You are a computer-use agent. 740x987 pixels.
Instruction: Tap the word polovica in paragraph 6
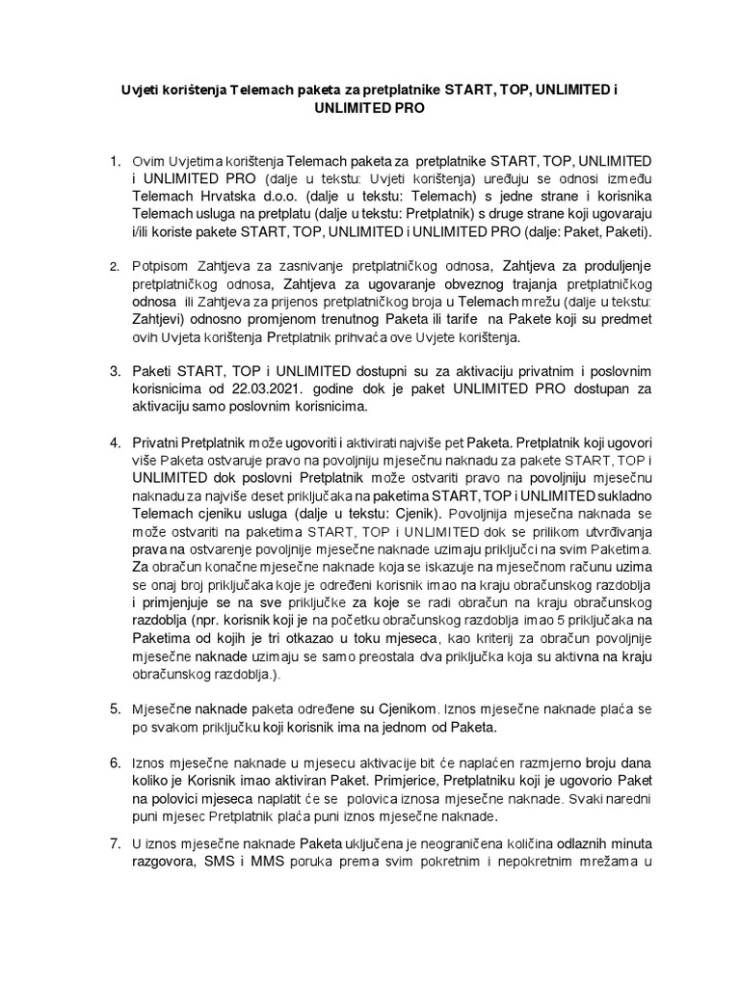click(392, 799)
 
